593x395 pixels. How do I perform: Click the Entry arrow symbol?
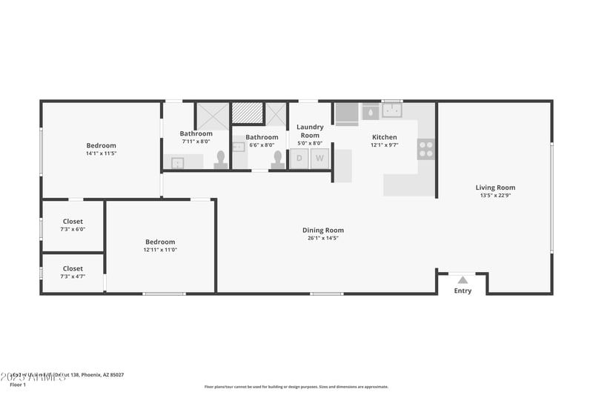pyautogui.click(x=463, y=279)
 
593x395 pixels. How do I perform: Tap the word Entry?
pyautogui.click(x=463, y=291)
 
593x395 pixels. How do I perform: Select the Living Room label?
pyautogui.click(x=495, y=187)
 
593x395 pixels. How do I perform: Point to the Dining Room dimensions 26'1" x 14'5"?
pyautogui.click(x=323, y=238)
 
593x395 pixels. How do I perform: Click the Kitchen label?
pyautogui.click(x=384, y=137)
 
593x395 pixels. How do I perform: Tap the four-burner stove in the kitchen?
pyautogui.click(x=425, y=149)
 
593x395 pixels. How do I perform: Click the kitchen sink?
pyautogui.click(x=391, y=111)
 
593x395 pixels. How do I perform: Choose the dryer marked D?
pyautogui.click(x=299, y=158)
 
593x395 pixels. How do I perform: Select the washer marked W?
pyautogui.click(x=320, y=158)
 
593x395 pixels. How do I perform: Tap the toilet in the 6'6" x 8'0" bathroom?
pyautogui.click(x=278, y=159)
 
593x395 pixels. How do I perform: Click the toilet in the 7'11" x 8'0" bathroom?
pyautogui.click(x=221, y=159)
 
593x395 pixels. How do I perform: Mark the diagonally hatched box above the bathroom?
pyautogui.click(x=247, y=113)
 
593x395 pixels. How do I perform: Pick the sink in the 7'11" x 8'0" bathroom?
pyautogui.click(x=178, y=162)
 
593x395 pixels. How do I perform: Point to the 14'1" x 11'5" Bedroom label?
pyautogui.click(x=101, y=146)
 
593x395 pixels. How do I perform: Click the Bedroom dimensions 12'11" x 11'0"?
pyautogui.click(x=160, y=250)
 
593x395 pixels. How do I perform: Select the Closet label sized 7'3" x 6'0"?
pyautogui.click(x=73, y=222)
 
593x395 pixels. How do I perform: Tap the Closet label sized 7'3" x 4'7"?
pyautogui.click(x=73, y=269)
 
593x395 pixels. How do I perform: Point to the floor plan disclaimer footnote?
pyautogui.click(x=296, y=386)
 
